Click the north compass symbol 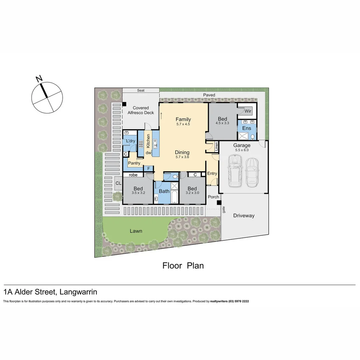47,97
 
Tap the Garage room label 242,145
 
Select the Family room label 183,119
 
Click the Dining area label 182,152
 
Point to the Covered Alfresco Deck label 141,110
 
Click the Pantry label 134,163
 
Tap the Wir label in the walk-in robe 248,111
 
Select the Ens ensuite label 247,128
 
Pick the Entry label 212,173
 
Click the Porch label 213,197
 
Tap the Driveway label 244,216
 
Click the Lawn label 136,231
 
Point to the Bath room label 164,191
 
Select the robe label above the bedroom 133,175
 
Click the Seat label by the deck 141,90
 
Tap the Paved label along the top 209,95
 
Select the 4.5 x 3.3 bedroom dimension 222,123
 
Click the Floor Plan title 183,265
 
